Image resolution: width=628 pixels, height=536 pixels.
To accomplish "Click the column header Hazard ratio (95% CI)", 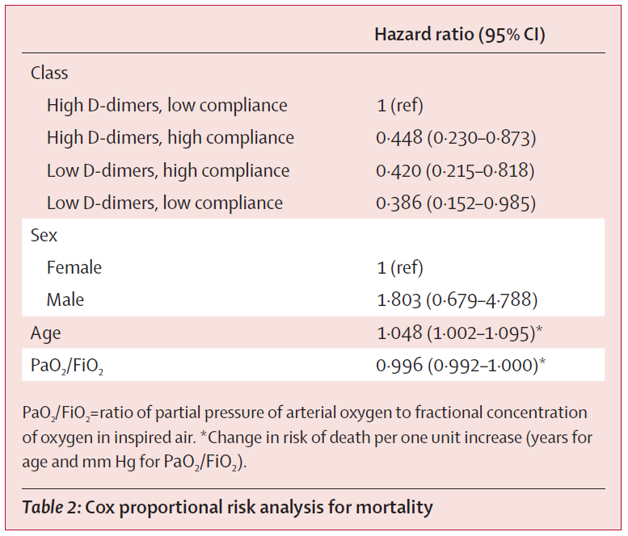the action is (x=460, y=35).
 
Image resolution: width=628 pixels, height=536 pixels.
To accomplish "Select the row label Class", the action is (x=49, y=73).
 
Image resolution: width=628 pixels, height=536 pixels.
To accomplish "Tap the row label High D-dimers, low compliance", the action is (x=167, y=106).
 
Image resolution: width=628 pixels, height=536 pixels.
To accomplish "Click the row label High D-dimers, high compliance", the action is (x=171, y=138).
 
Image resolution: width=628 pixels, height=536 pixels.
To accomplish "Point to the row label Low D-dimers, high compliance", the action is (x=168, y=171).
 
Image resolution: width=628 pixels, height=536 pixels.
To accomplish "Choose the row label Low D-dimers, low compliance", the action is (x=165, y=203).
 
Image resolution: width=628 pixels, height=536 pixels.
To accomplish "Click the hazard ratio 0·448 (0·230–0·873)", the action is (x=456, y=138).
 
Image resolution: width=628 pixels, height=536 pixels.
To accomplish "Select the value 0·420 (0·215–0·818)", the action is (x=455, y=171).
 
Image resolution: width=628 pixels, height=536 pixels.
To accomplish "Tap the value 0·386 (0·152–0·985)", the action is (x=456, y=203).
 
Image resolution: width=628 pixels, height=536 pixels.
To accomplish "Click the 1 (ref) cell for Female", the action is (x=400, y=268).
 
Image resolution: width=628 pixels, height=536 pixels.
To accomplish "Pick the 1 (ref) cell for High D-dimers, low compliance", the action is (x=400, y=106).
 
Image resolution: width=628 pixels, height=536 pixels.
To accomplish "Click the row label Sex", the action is (x=44, y=235).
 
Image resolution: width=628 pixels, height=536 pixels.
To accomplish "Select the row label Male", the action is (x=65, y=300).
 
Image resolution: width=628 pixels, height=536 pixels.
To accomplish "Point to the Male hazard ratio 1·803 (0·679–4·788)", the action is (x=457, y=300).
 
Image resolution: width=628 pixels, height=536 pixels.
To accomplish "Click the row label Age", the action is (x=45, y=333).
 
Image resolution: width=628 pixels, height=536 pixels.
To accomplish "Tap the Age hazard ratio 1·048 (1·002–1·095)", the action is (x=459, y=333).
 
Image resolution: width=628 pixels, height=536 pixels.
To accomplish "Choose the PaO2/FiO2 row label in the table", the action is (x=67, y=366).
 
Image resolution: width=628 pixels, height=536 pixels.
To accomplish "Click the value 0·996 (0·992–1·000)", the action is (x=461, y=365).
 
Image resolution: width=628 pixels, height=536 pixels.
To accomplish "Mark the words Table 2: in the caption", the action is (x=52, y=507).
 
